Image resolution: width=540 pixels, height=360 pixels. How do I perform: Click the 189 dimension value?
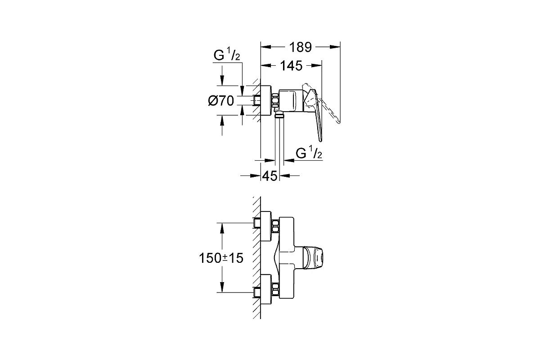click(x=300, y=47)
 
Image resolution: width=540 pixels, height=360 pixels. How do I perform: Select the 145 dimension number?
click(x=291, y=66)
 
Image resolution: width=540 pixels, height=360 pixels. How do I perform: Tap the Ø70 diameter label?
click(x=221, y=100)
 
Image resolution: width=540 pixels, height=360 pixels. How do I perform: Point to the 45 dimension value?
click(x=270, y=176)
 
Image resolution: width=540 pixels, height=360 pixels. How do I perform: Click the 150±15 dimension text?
click(x=221, y=258)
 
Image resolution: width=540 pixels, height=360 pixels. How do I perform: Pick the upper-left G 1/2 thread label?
click(x=227, y=55)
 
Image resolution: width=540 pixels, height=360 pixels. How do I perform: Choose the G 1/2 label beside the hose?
click(x=309, y=153)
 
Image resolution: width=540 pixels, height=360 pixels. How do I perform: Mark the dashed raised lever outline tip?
click(x=339, y=122)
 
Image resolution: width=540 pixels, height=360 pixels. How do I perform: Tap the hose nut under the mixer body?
click(x=279, y=115)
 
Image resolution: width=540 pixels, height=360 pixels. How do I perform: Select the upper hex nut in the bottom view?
click(x=275, y=226)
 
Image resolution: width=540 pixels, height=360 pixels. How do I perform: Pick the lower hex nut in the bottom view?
click(x=275, y=289)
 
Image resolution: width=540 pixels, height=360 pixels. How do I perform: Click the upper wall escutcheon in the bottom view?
click(x=266, y=226)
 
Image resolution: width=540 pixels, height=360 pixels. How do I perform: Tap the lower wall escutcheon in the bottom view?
click(x=266, y=289)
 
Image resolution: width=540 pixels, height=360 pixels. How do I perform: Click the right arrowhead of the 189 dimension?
click(x=335, y=47)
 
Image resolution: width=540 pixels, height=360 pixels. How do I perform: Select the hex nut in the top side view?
click(x=275, y=100)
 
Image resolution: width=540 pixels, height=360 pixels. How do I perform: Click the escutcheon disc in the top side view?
click(x=266, y=100)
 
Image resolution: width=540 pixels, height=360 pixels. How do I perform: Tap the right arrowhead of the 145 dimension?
click(x=316, y=66)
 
